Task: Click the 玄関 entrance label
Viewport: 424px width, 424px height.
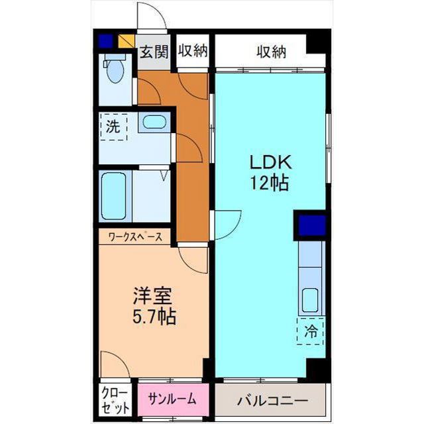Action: point(154,52)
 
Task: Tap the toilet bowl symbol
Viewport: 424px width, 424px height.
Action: point(115,71)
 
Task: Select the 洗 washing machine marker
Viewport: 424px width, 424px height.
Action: point(114,127)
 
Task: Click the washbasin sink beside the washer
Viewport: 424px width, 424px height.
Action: point(154,122)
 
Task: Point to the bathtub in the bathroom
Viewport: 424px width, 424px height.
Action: point(113,196)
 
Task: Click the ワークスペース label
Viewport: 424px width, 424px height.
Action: point(135,237)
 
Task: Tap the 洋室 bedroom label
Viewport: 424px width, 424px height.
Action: point(153,296)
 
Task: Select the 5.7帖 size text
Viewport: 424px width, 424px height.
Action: point(154,316)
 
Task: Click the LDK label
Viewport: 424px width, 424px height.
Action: point(271,162)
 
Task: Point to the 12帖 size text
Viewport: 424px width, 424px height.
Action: point(270,183)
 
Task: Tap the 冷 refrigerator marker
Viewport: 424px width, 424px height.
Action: point(311,331)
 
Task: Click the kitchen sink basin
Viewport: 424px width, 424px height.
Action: point(310,300)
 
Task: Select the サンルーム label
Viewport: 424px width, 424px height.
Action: point(172,399)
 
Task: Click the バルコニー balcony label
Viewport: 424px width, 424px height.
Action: point(272,400)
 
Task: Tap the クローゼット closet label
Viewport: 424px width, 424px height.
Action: point(115,401)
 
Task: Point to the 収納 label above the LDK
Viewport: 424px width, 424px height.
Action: point(271,52)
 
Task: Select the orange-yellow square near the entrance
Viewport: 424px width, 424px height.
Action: point(127,41)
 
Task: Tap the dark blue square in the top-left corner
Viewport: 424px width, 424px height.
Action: point(105,41)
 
